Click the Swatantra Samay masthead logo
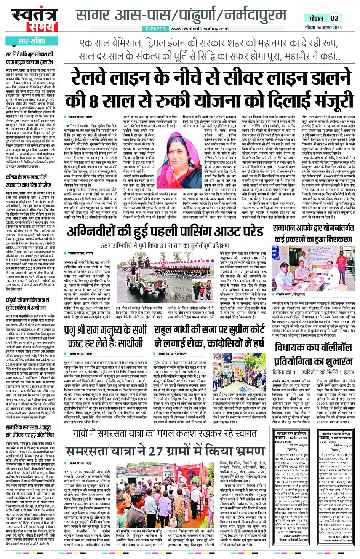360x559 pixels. [37, 20]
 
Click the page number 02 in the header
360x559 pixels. [334, 18]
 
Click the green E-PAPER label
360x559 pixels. [156, 29]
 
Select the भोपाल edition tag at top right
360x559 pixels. [315, 18]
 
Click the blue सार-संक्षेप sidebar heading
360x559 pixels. [32, 41]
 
